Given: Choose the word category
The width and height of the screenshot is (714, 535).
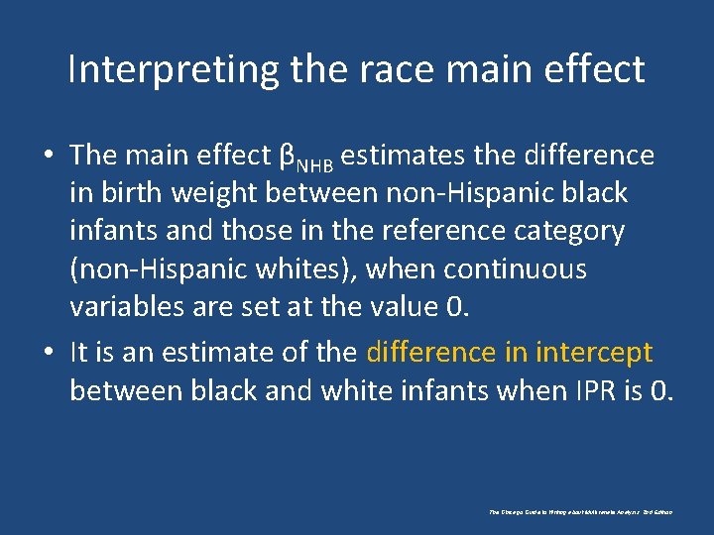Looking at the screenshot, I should (x=570, y=231).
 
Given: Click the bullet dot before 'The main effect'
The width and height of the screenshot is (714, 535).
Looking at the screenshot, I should (x=48, y=157).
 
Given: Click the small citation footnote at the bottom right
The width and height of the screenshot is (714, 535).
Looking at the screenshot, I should (x=581, y=512).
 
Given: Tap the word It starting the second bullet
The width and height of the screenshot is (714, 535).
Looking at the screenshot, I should (x=79, y=353).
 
